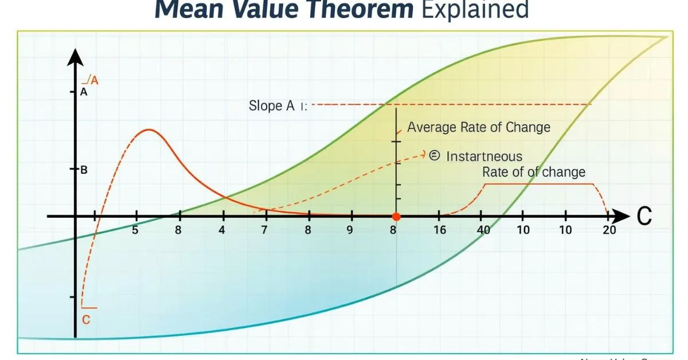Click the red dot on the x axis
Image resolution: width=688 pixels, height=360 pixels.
[396, 217]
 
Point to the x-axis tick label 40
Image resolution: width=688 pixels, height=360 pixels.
[483, 230]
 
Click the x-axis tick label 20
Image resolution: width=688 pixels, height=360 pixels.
[609, 230]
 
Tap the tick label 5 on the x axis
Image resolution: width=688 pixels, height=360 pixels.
[135, 230]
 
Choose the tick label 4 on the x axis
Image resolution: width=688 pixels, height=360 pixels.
[222, 230]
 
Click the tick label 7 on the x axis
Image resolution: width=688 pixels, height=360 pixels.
[264, 230]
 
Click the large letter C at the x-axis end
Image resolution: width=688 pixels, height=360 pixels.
[644, 217]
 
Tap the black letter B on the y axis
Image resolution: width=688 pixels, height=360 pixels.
[84, 170]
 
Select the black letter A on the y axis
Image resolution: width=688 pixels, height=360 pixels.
[84, 92]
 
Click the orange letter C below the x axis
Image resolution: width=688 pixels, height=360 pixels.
[86, 320]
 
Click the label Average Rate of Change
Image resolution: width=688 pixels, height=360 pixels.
[478, 127]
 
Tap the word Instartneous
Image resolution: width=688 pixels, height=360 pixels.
[484, 156]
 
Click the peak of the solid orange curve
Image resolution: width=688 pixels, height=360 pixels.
[149, 130]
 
